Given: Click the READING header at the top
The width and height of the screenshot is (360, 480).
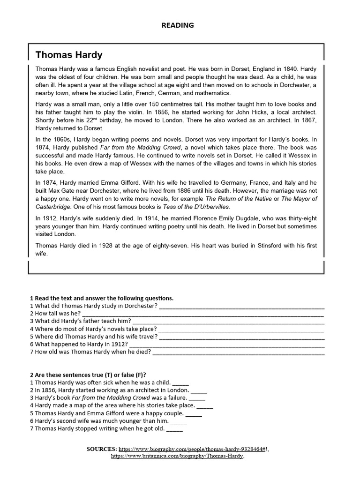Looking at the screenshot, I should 178,25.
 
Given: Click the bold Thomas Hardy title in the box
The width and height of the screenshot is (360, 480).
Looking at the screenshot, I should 69,55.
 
